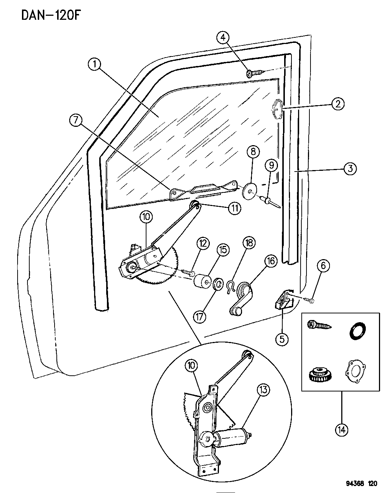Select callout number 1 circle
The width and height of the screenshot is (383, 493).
click(x=94, y=65)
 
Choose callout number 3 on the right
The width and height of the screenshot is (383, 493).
click(x=350, y=169)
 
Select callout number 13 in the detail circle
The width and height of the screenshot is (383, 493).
click(x=263, y=391)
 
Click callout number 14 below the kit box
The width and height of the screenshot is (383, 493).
click(x=341, y=429)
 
